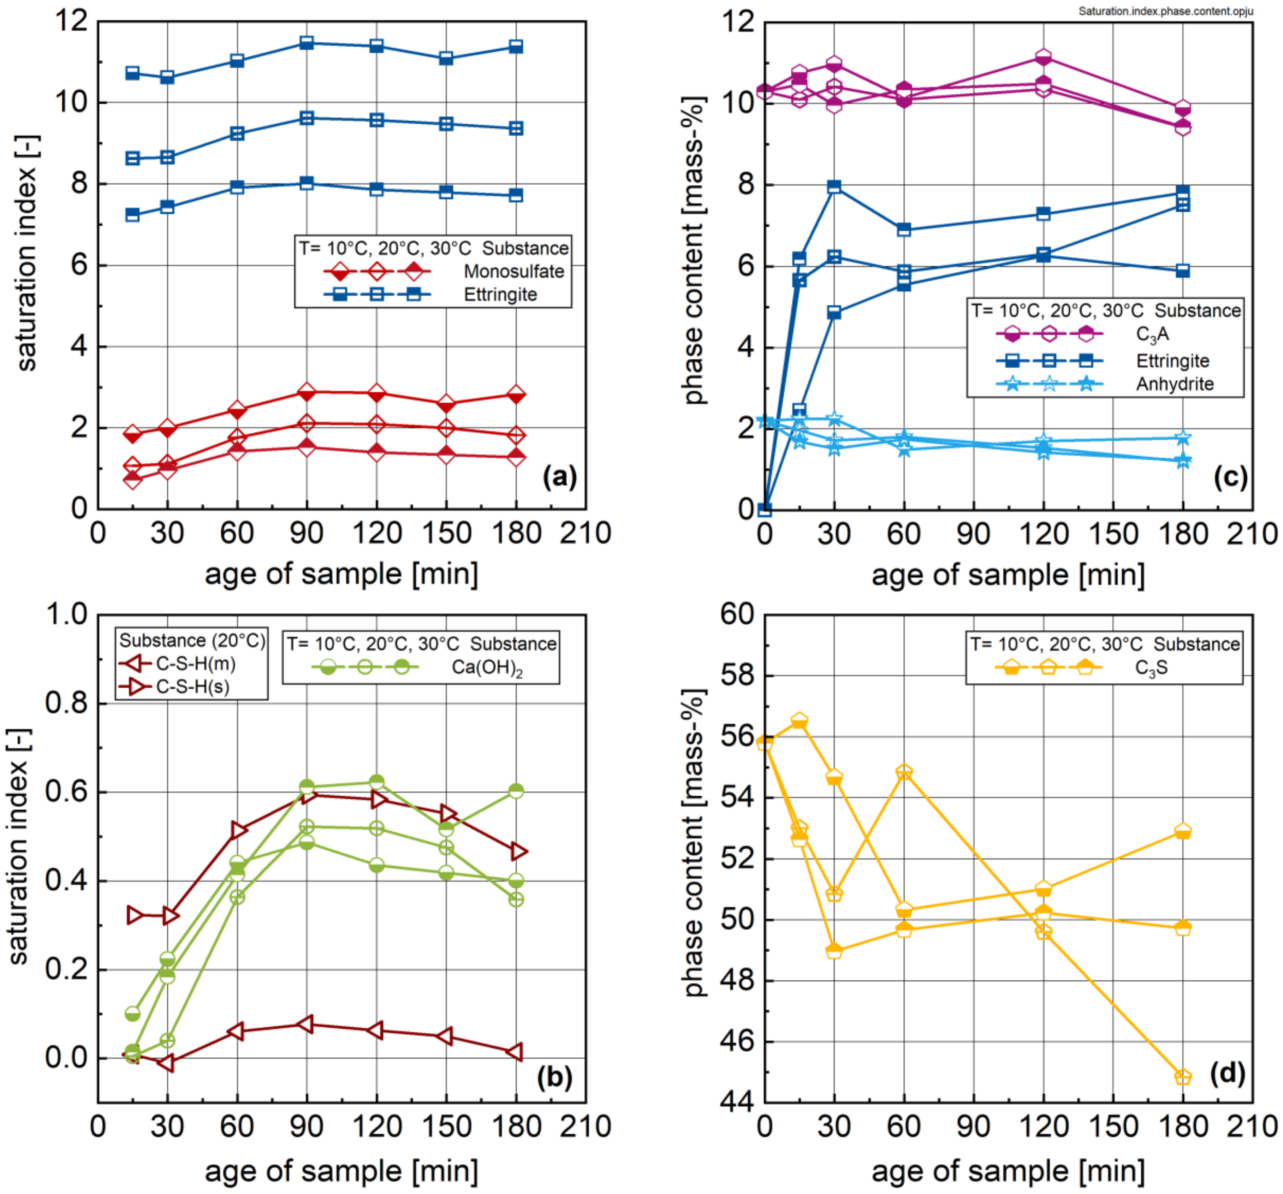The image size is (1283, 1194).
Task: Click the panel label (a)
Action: [559, 477]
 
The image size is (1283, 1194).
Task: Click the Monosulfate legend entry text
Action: [514, 271]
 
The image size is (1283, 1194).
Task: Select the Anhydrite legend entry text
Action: [1175, 384]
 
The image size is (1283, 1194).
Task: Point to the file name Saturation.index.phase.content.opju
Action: [1165, 11]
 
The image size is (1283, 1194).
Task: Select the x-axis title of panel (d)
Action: [1008, 1171]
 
